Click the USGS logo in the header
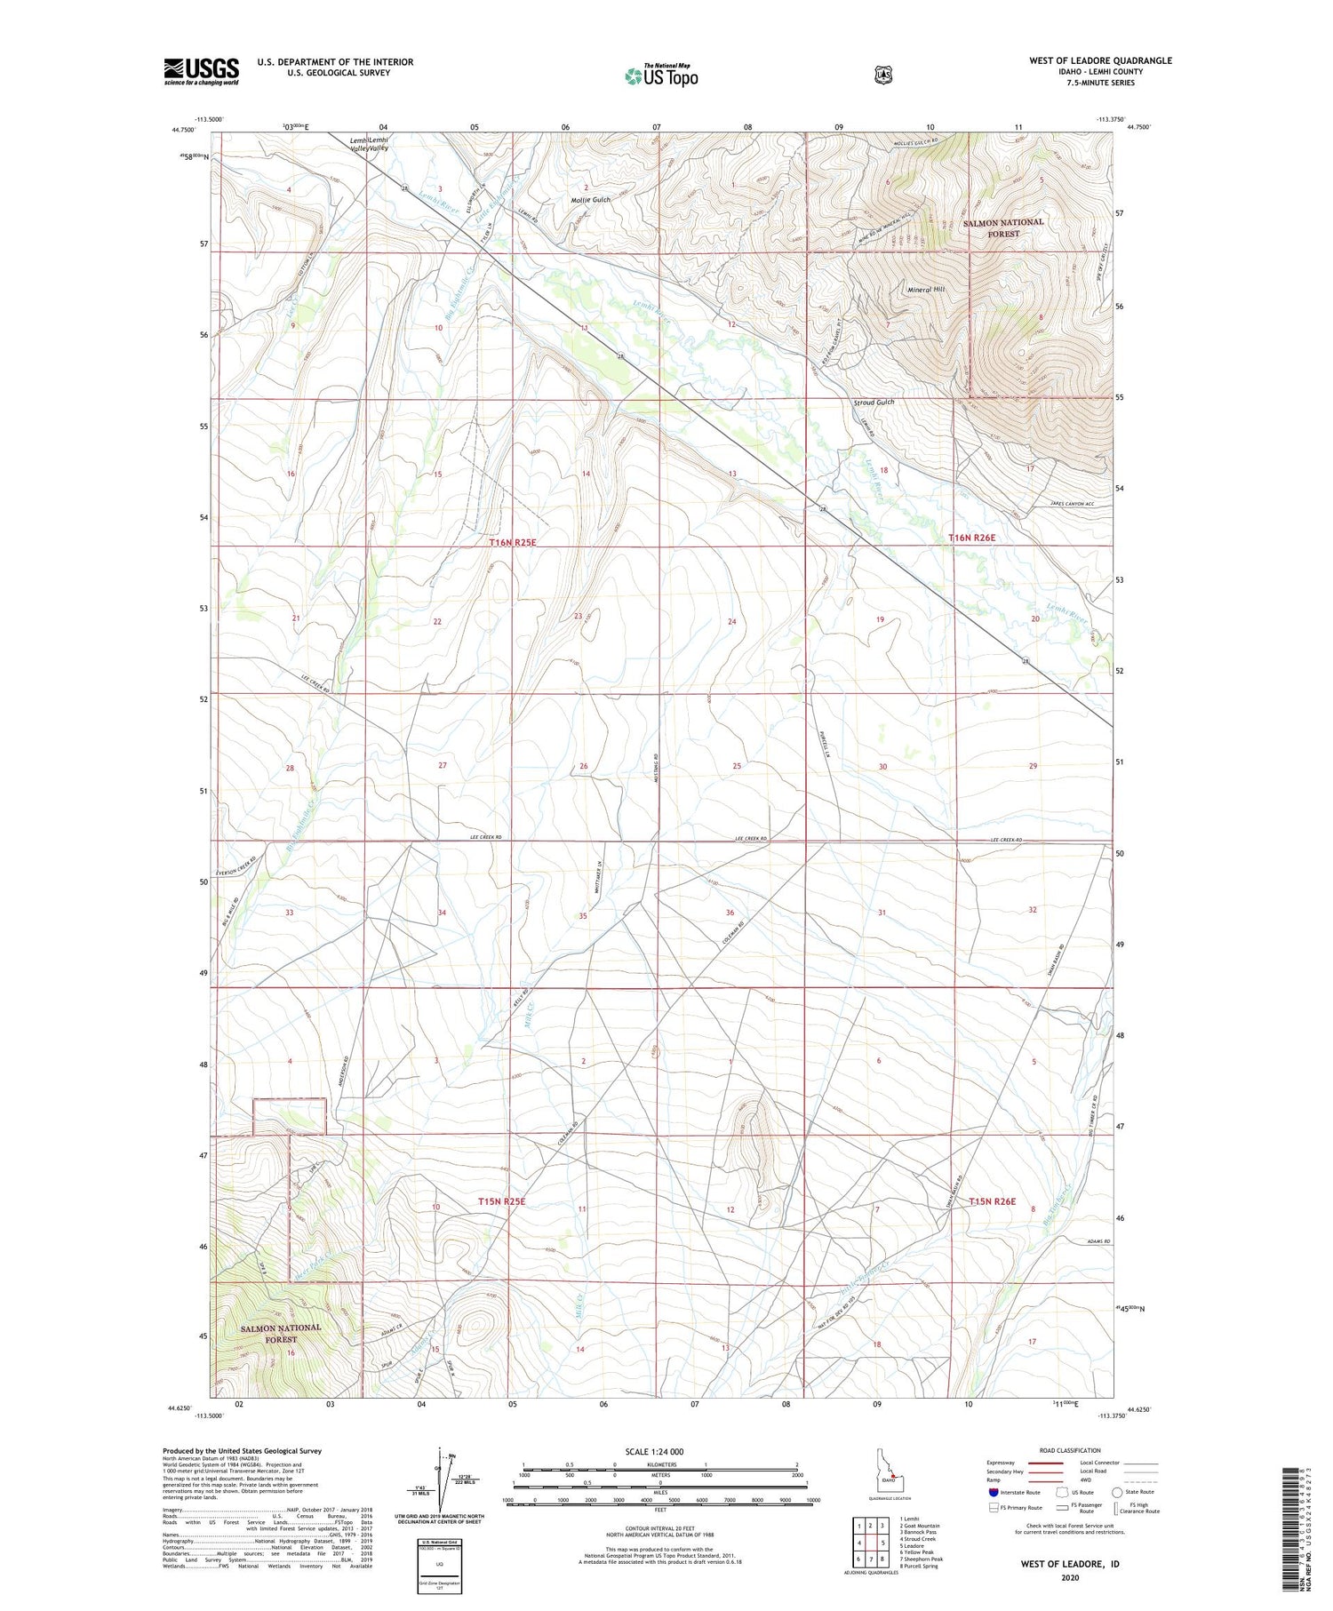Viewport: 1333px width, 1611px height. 201,71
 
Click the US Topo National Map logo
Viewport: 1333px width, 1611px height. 661,75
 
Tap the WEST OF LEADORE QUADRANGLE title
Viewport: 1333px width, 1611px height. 1100,60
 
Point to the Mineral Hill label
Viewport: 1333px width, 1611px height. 926,290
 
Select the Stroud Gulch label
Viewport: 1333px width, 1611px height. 874,403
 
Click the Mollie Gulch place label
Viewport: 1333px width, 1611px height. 591,200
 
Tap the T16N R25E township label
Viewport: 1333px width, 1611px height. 513,541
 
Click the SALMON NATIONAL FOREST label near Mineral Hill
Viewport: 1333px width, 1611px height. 1003,227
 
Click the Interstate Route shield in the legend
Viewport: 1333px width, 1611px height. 994,1492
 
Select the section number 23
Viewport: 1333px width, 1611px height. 578,616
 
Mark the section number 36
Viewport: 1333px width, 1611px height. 730,913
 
